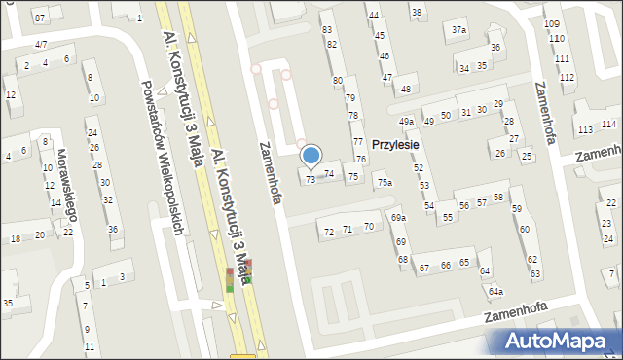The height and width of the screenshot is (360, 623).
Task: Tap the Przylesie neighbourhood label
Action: click(394, 144)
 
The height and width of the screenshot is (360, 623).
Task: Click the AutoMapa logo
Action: click(558, 341)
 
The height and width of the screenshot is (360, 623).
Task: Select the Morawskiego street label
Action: click(67, 191)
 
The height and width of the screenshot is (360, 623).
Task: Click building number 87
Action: click(40, 18)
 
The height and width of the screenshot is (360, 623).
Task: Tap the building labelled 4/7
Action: click(41, 45)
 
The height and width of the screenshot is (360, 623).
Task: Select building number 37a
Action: click(458, 30)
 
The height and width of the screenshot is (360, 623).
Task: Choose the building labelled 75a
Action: click(385, 182)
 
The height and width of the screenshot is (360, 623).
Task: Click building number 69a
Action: click(398, 218)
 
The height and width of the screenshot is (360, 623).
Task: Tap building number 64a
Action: click(495, 291)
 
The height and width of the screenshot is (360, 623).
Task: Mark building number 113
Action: click(584, 130)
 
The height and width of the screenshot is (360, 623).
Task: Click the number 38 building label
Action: click(417, 12)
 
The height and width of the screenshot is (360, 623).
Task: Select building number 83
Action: click(327, 29)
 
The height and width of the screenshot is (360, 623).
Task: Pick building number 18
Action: click(15, 238)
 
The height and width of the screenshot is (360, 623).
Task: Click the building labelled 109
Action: click(552, 23)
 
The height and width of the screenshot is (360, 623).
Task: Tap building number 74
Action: click(329, 173)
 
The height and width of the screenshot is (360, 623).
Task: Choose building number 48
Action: click(406, 90)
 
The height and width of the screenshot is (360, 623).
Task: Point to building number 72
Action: click(329, 232)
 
